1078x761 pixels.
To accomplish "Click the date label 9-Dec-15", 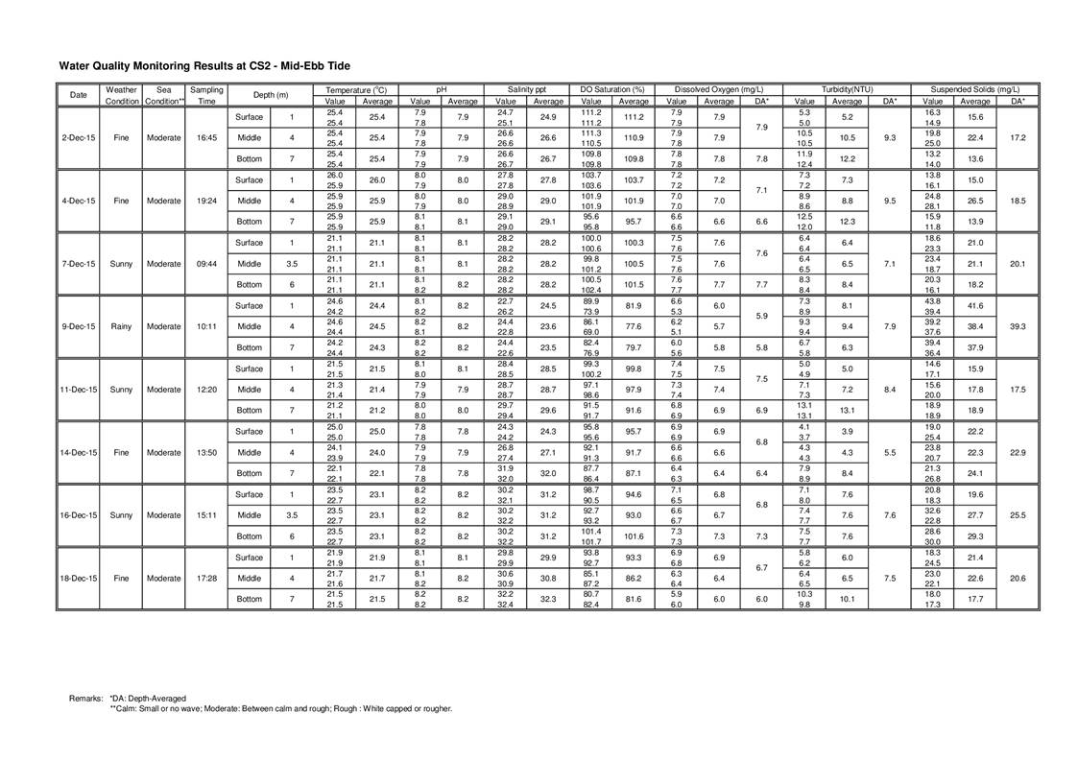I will click(x=79, y=326).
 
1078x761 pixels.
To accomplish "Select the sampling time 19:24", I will click(x=206, y=201).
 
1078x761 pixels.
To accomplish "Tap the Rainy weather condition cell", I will click(x=121, y=326).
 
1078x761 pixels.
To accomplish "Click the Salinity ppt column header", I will click(x=527, y=89).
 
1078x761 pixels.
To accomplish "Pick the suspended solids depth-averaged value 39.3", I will click(x=1018, y=326).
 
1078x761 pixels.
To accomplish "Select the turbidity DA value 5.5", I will click(x=890, y=452).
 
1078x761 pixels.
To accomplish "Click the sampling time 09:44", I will click(x=206, y=263).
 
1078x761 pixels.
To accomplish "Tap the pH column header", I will click(x=442, y=89).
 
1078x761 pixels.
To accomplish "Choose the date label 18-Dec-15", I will click(x=79, y=578).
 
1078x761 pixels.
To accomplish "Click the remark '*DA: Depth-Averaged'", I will click(x=148, y=698).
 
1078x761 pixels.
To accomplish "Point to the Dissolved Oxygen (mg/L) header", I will click(x=719, y=89).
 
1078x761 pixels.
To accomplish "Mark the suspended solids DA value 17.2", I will click(x=1018, y=137).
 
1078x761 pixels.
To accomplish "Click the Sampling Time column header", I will click(x=206, y=95).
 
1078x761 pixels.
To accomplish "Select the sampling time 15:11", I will click(x=206, y=515).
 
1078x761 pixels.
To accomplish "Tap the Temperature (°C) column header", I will click(x=356, y=89).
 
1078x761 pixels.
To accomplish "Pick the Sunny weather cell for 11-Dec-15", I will click(x=121, y=390).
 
